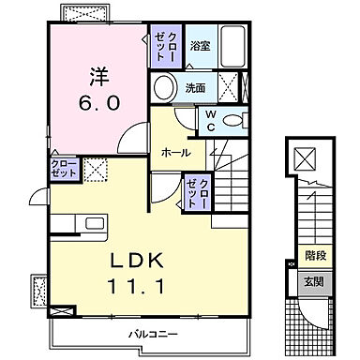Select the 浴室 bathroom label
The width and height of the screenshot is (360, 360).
coord(199,45)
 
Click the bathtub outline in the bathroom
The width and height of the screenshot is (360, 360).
coord(230,45)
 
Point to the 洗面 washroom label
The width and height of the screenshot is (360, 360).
coord(195,88)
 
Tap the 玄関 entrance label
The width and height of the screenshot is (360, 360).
coord(314,281)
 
